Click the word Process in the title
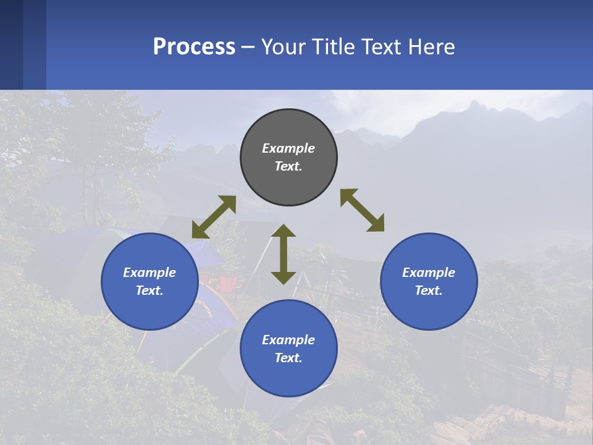click(x=194, y=47)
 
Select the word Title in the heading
click(x=333, y=47)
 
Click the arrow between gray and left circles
click(x=214, y=217)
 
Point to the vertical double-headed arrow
click(x=284, y=254)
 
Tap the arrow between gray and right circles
click(x=362, y=210)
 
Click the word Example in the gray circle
click(x=288, y=148)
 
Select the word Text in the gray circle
click(x=287, y=166)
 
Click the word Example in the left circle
click(x=149, y=273)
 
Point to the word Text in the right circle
click(x=427, y=290)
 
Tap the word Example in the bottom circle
click(x=288, y=340)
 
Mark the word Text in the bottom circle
click(x=287, y=358)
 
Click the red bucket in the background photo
click(x=227, y=283)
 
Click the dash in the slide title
click(x=248, y=47)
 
